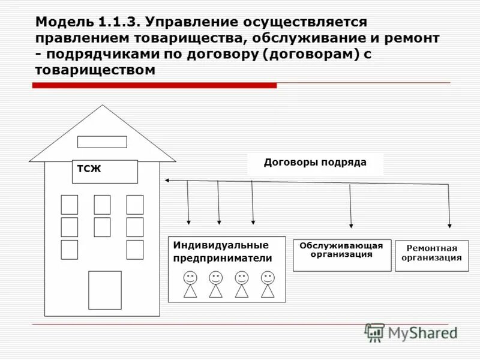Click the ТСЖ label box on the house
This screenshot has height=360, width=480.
pos(105,171)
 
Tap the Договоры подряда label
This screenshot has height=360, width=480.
pos(315,163)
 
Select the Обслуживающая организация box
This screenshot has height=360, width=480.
pos(342,255)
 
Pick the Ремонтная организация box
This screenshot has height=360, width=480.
pos(431,256)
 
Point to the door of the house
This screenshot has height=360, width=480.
pos(105,290)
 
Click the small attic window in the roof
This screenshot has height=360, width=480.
pos(103,142)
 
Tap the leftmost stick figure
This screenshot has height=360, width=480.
pos(190,284)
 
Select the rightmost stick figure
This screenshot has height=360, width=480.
pos(268,284)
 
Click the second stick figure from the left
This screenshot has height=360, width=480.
pos(216,284)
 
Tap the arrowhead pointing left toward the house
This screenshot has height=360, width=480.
pos(168,180)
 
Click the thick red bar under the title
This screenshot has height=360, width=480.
pos(154,86)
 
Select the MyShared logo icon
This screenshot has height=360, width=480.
pos(374,332)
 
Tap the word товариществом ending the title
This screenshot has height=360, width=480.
pos(95,71)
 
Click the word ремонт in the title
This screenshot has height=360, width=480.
pos(411,38)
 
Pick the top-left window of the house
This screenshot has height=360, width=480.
pos(70,205)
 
